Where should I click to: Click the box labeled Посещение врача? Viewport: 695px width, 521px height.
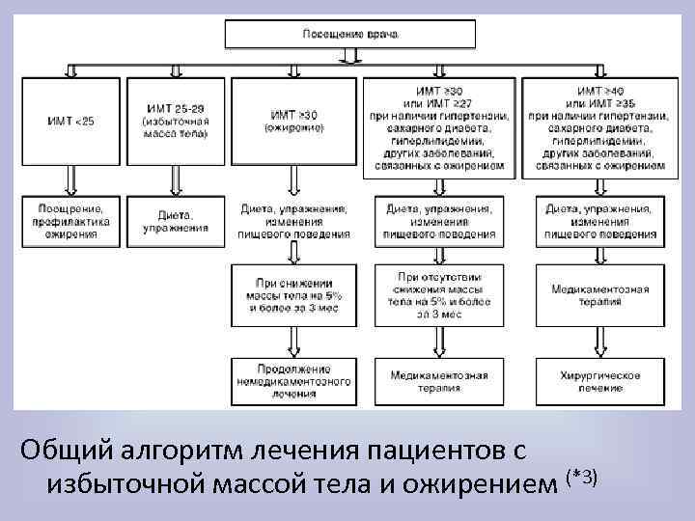[350, 34]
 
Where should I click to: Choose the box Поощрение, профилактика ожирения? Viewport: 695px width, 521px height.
[68, 222]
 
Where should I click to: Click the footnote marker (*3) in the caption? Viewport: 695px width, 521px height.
[584, 477]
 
